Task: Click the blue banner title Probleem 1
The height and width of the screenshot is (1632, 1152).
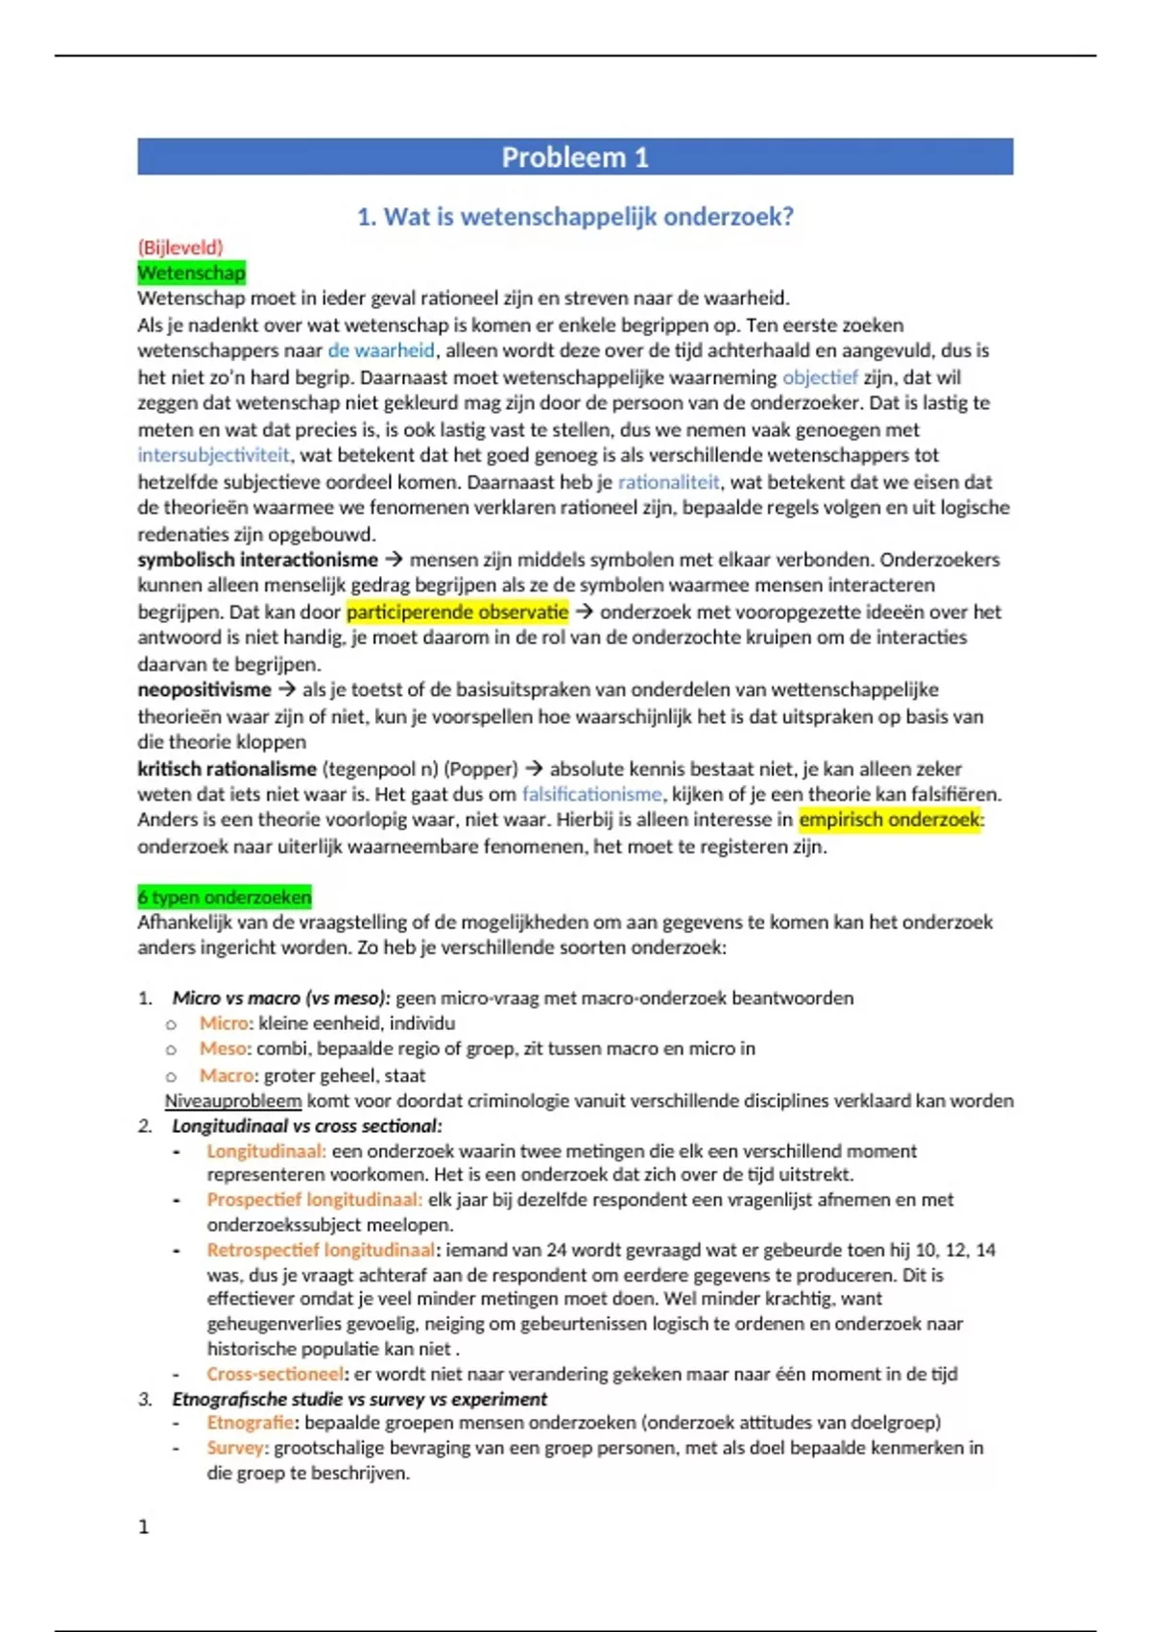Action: click(x=574, y=157)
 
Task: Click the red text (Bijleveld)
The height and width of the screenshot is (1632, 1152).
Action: click(x=180, y=248)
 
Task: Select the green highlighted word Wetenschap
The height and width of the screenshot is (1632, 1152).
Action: click(x=191, y=274)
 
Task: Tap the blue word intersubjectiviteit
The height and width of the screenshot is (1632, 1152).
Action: click(x=213, y=455)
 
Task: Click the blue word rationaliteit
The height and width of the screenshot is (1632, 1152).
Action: click(x=668, y=482)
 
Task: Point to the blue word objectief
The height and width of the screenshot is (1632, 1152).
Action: click(x=819, y=377)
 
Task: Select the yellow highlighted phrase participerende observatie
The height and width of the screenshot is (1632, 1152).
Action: click(x=457, y=612)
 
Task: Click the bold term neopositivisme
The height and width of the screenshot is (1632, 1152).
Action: click(x=204, y=690)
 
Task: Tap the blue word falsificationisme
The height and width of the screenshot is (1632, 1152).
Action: click(x=591, y=794)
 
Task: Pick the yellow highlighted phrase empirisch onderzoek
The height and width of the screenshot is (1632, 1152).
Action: click(x=890, y=820)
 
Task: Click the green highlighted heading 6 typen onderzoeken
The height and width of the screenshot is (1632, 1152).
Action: click(x=224, y=898)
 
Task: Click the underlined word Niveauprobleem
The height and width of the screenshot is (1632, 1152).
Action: click(x=232, y=1101)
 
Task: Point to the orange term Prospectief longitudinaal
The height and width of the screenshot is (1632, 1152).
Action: click(x=314, y=1200)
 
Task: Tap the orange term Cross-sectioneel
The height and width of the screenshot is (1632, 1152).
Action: click(x=275, y=1374)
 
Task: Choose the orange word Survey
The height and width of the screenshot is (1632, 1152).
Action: click(x=234, y=1448)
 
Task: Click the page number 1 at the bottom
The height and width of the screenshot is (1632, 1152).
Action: click(x=144, y=1526)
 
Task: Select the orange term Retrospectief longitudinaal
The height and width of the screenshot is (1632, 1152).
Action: click(x=321, y=1250)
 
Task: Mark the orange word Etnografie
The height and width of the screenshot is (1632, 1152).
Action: click(x=250, y=1423)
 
